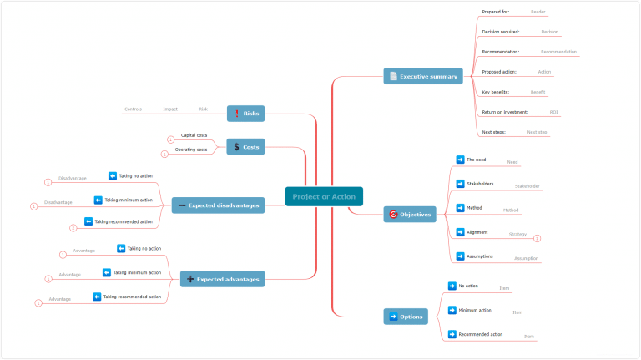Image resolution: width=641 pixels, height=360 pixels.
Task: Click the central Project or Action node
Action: coord(324,197)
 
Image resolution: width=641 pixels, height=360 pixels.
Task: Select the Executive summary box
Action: coord(422,77)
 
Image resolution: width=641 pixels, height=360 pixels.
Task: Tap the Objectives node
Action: coord(410,215)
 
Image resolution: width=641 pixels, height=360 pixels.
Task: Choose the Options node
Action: coord(406,317)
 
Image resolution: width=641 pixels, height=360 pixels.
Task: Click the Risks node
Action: coord(245,113)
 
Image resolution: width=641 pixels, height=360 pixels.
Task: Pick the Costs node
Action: coord(245,147)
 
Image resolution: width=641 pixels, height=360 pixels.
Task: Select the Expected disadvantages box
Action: coord(218,205)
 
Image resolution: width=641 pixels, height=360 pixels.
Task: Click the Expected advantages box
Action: coord(222,279)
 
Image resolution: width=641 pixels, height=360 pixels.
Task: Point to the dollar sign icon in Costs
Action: coord(236,147)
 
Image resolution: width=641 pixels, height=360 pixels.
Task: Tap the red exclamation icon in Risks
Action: coord(236,113)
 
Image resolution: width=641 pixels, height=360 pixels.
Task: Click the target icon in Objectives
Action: coord(393,215)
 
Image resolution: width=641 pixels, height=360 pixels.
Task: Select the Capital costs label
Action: coord(194,135)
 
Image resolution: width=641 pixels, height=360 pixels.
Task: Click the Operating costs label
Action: coord(191,150)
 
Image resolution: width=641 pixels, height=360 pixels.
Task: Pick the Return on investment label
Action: coord(505,112)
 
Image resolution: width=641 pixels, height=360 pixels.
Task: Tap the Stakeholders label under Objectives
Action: coord(479,184)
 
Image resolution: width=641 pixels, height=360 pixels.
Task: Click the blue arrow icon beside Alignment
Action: coord(460,232)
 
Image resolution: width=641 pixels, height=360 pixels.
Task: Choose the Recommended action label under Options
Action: coord(481,334)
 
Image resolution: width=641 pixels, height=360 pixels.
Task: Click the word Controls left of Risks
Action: coord(133,109)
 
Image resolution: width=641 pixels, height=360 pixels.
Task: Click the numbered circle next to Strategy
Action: coord(537,239)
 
